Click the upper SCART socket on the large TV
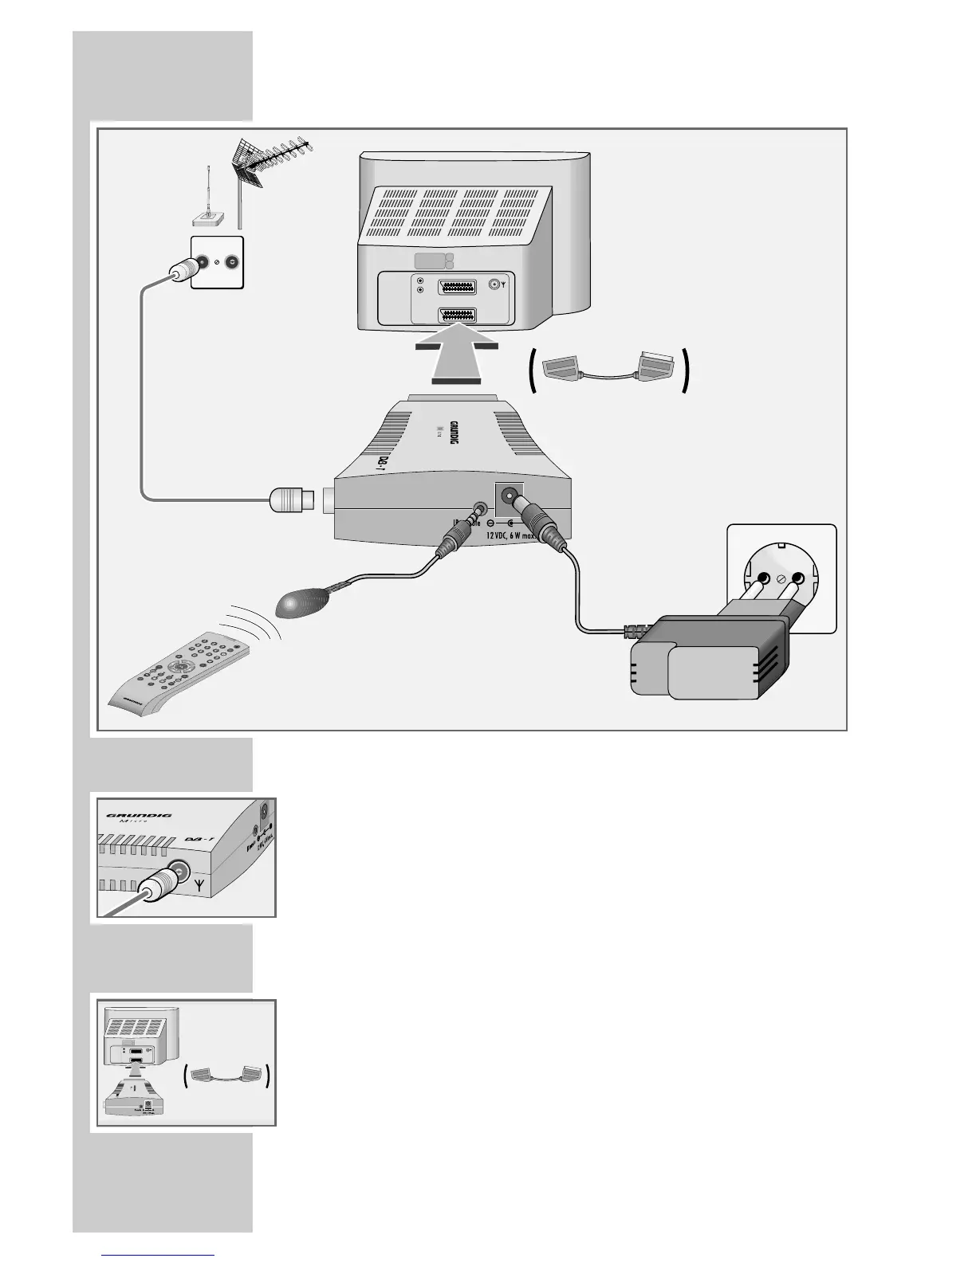coord(458,287)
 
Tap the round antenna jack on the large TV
coord(498,284)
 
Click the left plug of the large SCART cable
coord(564,368)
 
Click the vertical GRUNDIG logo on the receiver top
coord(453,439)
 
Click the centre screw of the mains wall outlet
coord(780,579)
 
